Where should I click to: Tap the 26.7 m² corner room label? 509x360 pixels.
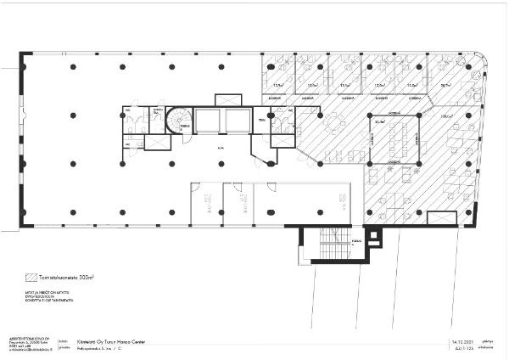(445, 86)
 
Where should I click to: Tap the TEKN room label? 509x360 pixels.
(262, 120)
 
